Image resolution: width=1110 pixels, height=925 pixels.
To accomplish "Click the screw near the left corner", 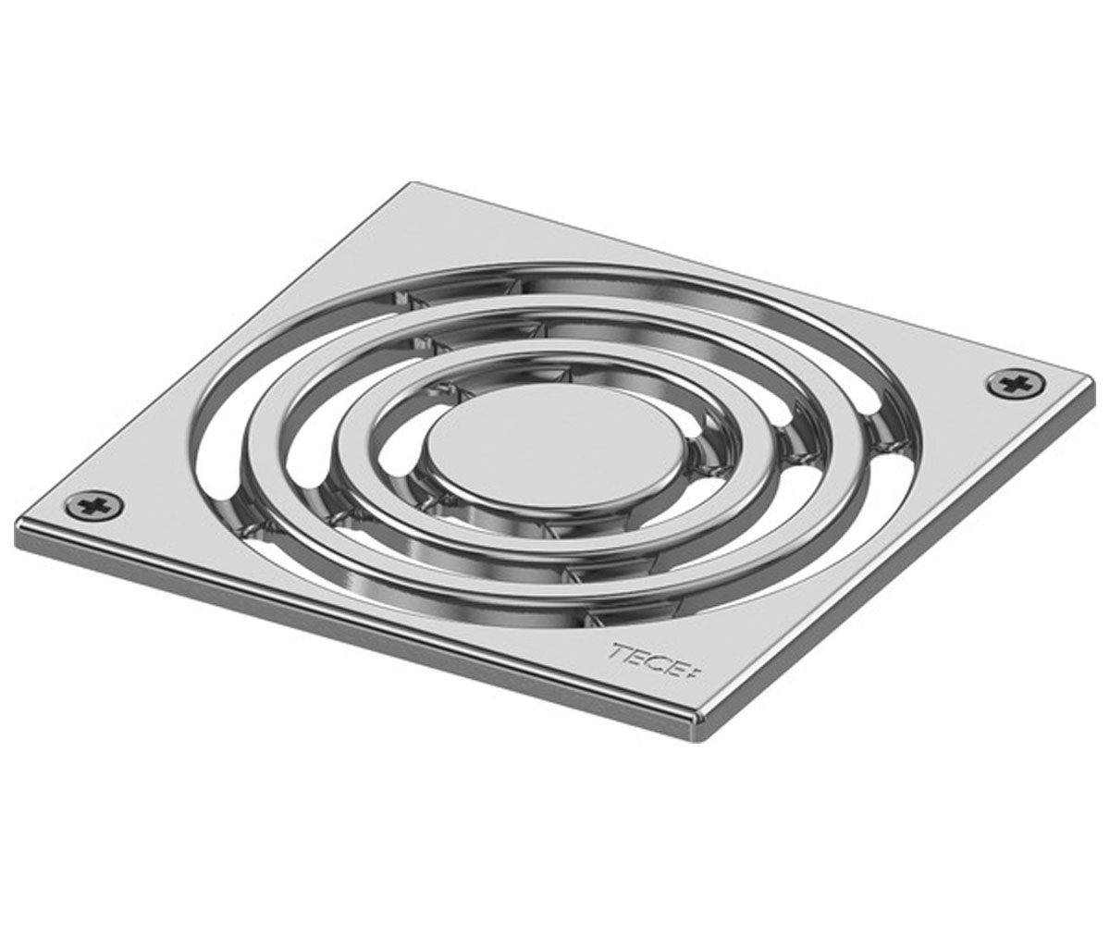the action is [x=94, y=504].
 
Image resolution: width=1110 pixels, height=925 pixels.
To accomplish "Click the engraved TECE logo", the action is [x=656, y=660].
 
